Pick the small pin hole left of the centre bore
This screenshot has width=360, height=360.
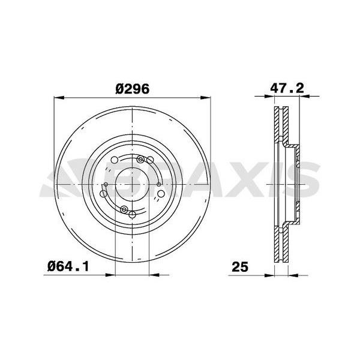[x=106, y=185]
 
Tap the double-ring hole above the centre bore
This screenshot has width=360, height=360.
[x=142, y=160]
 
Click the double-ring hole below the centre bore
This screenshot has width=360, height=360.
[x=124, y=209]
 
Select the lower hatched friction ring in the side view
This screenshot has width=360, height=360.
[x=280, y=240]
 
